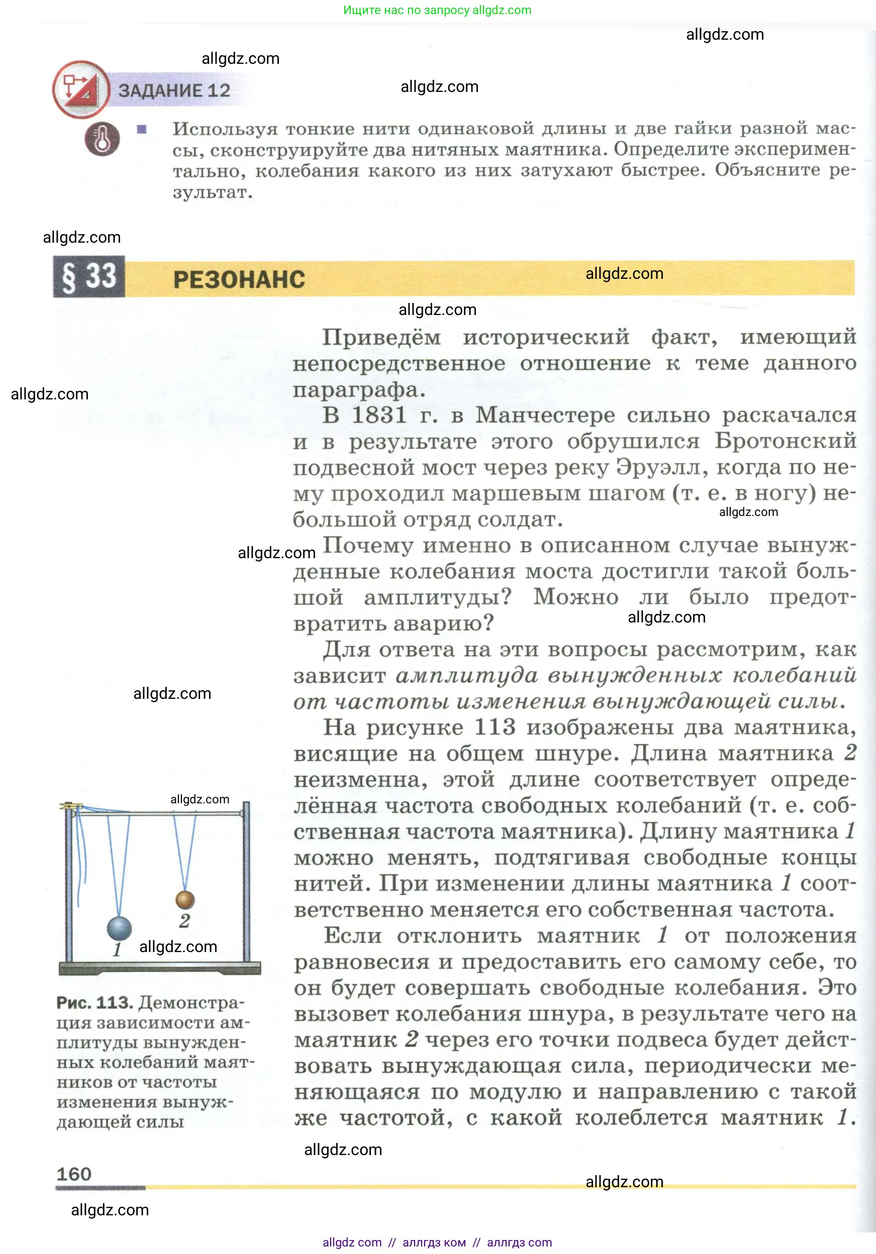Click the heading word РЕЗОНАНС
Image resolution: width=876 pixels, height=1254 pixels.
pyautogui.click(x=239, y=280)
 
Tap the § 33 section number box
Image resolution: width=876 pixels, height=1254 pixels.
pyautogui.click(x=89, y=276)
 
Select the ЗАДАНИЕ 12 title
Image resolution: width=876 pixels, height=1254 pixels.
pyautogui.click(x=174, y=90)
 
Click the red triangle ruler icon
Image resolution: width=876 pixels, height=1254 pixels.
pyautogui.click(x=81, y=89)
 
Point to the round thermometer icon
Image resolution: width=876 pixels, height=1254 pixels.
pyautogui.click(x=102, y=139)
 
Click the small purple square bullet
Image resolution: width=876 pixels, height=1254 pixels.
pyautogui.click(x=142, y=130)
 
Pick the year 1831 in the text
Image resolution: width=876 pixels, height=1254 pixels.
pyautogui.click(x=379, y=415)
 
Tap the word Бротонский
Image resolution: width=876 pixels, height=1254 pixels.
pyautogui.click(x=786, y=441)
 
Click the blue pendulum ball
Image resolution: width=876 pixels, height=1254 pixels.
pyautogui.click(x=119, y=928)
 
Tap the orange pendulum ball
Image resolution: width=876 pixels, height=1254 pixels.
pyautogui.click(x=185, y=899)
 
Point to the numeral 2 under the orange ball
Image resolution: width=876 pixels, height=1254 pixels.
pyautogui.click(x=185, y=921)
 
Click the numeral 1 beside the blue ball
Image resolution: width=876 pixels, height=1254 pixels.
pyautogui.click(x=117, y=950)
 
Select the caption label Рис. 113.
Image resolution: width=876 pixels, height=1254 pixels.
pyautogui.click(x=94, y=1003)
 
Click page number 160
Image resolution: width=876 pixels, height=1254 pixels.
pyautogui.click(x=74, y=1174)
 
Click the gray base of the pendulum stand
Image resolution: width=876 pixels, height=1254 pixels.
pyautogui.click(x=160, y=968)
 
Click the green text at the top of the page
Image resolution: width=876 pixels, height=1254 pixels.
pyautogui.click(x=437, y=10)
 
